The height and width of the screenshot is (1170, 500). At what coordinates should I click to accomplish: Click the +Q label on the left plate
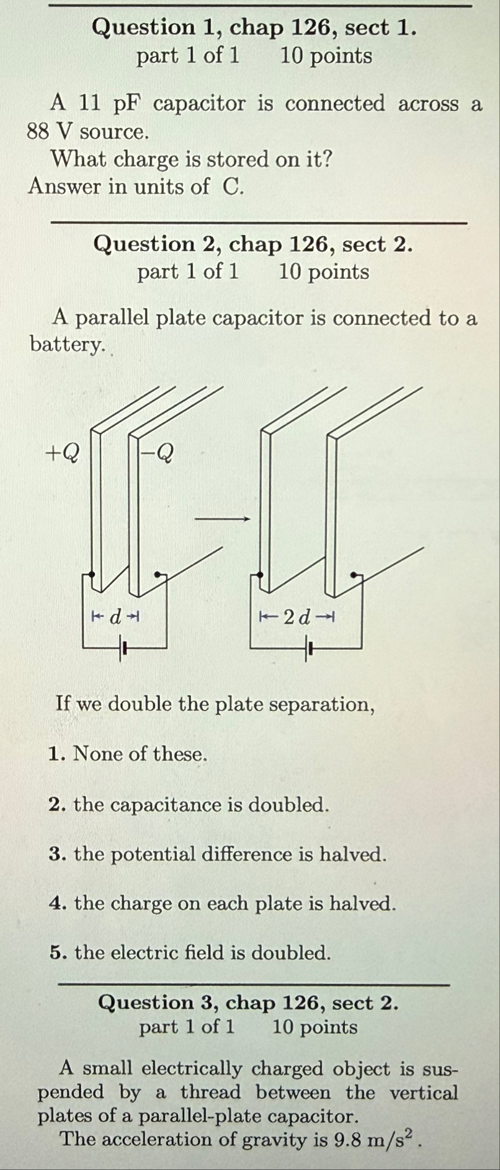63,454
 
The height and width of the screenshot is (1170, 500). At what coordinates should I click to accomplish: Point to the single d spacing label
115,617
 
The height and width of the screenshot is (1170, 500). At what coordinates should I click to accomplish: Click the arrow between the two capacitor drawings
223,518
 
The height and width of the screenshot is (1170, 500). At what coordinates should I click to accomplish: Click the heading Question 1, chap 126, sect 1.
253,28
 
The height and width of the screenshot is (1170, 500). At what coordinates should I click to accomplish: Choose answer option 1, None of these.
128,755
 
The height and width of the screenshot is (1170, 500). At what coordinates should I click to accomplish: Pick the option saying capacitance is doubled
189,805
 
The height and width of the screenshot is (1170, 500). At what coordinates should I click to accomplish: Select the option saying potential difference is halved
218,854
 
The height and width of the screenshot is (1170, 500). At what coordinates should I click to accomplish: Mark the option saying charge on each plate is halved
223,903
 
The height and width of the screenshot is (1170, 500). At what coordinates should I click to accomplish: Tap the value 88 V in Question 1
49,131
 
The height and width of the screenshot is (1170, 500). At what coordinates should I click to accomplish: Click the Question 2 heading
253,244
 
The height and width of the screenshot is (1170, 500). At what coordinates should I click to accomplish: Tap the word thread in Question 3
210,1092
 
